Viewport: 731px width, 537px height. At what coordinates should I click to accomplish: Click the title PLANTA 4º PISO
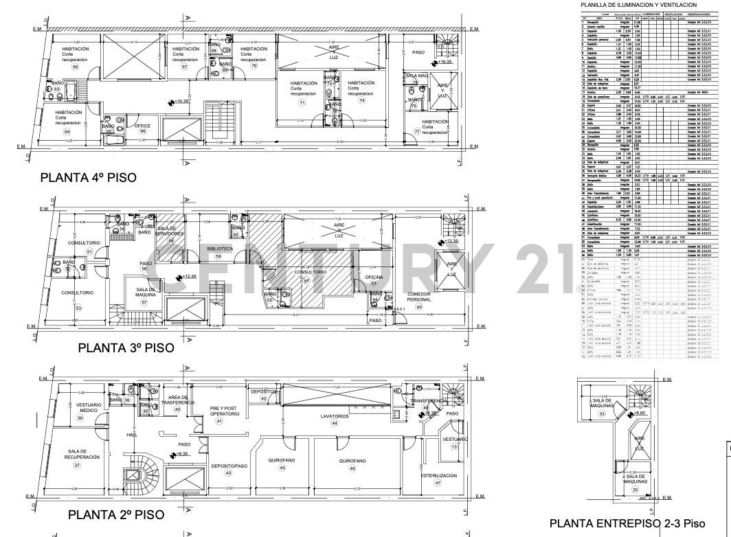(89, 177)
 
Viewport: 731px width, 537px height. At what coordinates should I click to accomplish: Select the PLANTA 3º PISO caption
(126, 347)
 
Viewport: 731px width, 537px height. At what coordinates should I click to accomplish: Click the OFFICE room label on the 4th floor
(142, 126)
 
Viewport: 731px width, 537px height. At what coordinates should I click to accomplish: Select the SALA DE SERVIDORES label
(171, 231)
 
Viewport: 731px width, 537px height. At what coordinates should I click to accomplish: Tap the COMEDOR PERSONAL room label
(419, 297)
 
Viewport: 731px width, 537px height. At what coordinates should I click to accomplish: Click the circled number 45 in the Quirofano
(282, 468)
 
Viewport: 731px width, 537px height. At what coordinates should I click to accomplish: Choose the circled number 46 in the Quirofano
(352, 468)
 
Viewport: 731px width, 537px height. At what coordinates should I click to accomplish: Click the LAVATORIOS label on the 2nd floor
(334, 416)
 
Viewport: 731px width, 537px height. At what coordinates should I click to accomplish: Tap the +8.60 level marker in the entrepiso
(639, 414)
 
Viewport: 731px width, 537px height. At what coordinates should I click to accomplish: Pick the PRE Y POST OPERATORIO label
(225, 411)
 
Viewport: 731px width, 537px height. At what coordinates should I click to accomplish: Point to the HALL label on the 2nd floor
(132, 435)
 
